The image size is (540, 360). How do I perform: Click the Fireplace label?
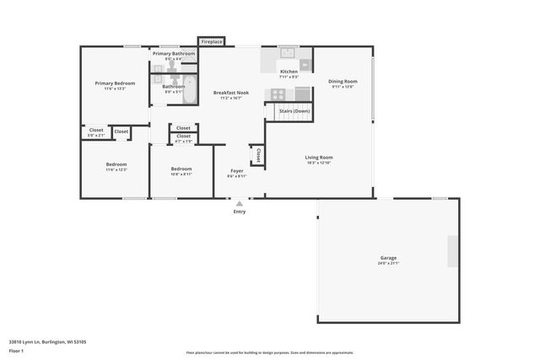click(211, 41)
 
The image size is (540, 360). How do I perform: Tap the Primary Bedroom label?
click(115, 83)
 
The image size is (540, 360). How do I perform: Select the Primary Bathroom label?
click(174, 54)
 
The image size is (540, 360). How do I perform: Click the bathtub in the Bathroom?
click(190, 89)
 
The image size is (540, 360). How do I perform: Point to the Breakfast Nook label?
click(230, 92)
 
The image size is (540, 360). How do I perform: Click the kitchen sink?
click(287, 53)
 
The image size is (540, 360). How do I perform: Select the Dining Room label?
click(343, 82)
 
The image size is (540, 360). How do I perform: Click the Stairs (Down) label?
click(294, 110)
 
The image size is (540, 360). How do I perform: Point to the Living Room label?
click(319, 157)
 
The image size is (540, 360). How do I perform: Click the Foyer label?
click(237, 171)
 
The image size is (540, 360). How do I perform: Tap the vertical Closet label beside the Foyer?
click(257, 156)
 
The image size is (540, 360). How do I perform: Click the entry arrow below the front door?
click(240, 203)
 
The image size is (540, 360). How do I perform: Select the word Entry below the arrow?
click(240, 212)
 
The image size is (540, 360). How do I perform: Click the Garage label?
click(388, 258)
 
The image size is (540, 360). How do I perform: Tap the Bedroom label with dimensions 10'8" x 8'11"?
click(181, 169)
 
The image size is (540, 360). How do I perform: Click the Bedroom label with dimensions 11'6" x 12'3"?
click(116, 164)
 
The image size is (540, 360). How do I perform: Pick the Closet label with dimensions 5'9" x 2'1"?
click(96, 131)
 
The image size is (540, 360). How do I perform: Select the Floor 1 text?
click(16, 350)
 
